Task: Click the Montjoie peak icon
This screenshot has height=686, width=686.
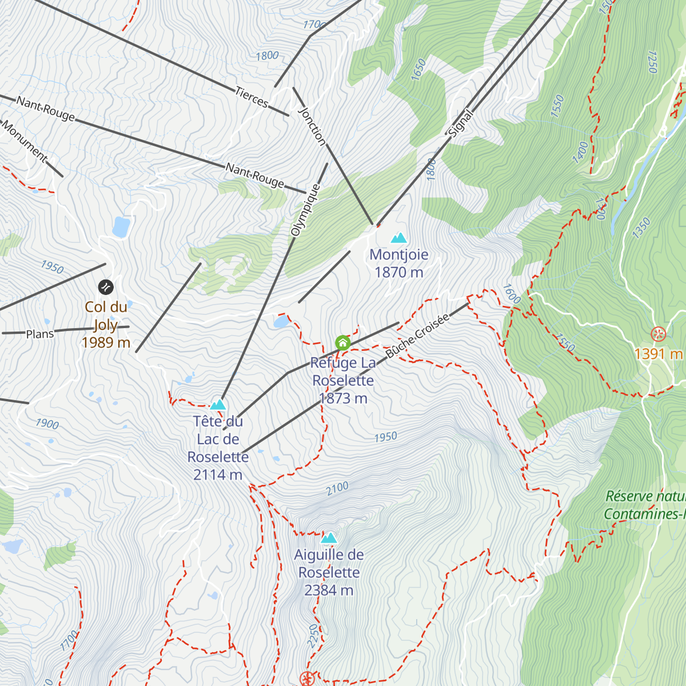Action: [398, 237]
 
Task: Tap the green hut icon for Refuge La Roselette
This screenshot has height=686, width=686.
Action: [342, 343]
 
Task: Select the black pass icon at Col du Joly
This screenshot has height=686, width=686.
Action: [106, 287]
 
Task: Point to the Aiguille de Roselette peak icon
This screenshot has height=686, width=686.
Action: [329, 538]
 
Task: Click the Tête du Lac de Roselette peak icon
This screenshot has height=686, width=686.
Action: [218, 405]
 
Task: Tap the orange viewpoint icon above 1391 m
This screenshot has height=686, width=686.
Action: [659, 334]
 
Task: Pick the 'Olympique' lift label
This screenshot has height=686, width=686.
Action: [305, 210]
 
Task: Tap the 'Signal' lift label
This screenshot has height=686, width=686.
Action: [461, 123]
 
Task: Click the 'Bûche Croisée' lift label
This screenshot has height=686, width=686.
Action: [417, 336]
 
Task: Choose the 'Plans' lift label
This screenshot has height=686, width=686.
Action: [40, 334]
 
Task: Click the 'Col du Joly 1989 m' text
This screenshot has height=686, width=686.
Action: [106, 325]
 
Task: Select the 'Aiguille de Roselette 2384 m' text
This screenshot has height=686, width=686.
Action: [329, 572]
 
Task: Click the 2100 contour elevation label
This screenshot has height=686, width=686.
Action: [337, 489]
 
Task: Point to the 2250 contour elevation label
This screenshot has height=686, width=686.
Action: [312, 636]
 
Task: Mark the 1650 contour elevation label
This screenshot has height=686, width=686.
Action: [419, 70]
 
